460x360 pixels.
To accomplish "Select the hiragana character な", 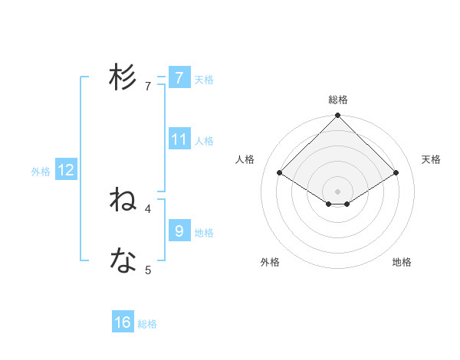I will (123, 261).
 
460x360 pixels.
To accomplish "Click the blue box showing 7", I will (179, 78).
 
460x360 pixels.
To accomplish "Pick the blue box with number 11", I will (179, 139).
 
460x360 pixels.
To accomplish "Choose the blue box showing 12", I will (66, 170).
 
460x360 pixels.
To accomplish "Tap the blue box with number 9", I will (179, 231).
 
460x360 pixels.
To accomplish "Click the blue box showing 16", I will (123, 322).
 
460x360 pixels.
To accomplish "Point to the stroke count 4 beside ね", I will (148, 208).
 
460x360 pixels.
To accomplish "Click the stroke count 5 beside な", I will (148, 270).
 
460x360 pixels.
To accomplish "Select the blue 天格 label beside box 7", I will (204, 79).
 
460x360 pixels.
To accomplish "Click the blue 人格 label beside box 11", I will (204, 140).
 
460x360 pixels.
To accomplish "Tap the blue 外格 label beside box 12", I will (41, 172).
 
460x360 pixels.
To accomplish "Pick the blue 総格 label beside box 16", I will (147, 324).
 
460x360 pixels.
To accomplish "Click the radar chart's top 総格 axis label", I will (338, 100).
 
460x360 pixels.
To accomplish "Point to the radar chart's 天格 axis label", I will (431, 159).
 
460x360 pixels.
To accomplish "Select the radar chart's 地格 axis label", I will (402, 262).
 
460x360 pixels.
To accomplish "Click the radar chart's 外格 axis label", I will (270, 262).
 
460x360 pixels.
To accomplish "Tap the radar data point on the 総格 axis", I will (338, 116).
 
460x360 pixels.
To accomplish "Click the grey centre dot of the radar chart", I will (338, 191).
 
